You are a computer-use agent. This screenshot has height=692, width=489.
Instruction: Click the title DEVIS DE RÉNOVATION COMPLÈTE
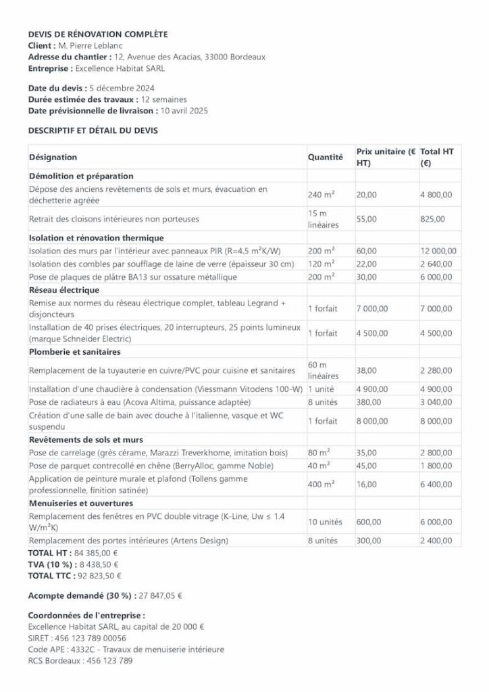pos(98,34)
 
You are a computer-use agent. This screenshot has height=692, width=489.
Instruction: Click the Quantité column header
pos(326,157)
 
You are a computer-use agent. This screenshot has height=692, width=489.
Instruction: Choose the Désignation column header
pos(53,157)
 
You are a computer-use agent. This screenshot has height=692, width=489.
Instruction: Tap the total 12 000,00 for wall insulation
pos(438,251)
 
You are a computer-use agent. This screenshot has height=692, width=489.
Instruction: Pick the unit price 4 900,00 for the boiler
pos(372,389)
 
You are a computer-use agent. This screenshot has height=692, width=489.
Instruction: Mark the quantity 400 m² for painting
pos(321,485)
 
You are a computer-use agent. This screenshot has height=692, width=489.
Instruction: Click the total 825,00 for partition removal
pos(432,219)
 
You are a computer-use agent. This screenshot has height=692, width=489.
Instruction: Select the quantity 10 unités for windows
pos(326,522)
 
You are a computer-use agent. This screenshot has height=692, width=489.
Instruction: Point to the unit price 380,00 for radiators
pos(368,402)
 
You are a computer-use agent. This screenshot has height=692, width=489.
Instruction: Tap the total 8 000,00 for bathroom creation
pos(436,421)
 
